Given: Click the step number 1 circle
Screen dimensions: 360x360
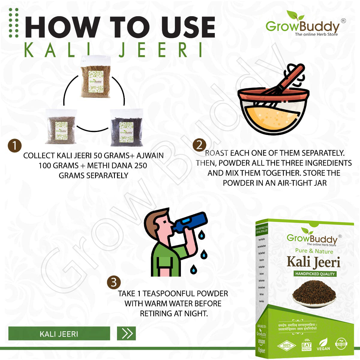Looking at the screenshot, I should click(14, 145).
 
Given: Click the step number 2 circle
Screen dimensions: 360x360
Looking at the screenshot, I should click(199, 145).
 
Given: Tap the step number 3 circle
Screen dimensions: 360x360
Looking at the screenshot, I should click(114, 283).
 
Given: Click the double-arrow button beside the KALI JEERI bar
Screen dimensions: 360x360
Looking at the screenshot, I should click(127, 333).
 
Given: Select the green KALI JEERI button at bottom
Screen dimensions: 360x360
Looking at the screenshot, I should click(59, 334).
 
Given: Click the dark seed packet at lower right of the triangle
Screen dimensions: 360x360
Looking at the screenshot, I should click(126, 128).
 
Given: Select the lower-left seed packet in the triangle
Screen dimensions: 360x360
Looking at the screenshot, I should click(61, 127).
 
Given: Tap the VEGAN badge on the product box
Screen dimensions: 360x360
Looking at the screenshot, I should click(323, 344).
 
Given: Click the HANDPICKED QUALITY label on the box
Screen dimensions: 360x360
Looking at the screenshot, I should click(315, 274).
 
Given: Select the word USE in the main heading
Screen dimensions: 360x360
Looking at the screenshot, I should click(188, 28).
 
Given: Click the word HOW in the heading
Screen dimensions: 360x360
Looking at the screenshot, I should click(62, 28).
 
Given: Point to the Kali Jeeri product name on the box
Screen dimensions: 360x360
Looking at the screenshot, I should click(313, 262).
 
